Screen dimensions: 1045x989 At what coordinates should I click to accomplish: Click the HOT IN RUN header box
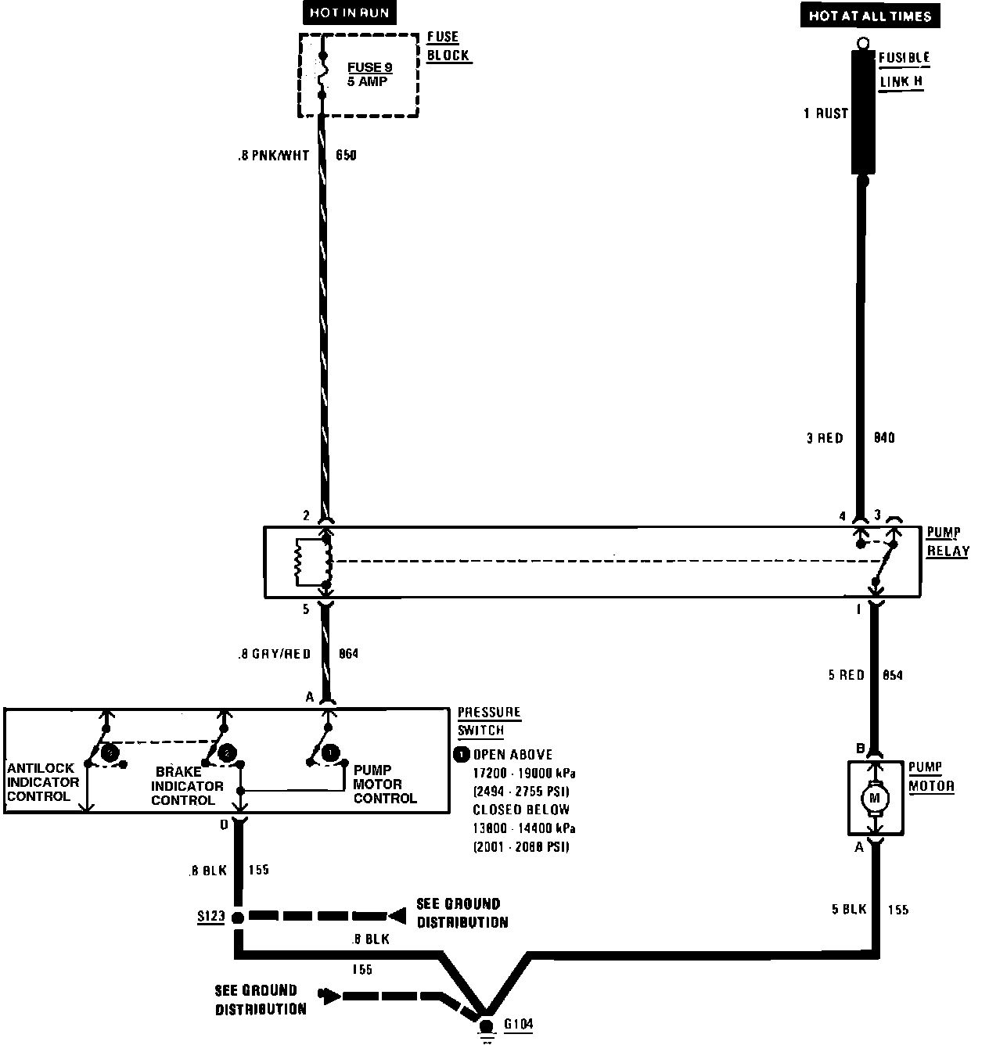coord(348,13)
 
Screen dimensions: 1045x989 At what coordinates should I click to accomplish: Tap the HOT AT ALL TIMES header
coord(869,16)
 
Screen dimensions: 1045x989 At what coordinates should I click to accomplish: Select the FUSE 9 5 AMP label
coord(369,74)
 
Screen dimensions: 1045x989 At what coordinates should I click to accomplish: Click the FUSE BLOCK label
coord(448,46)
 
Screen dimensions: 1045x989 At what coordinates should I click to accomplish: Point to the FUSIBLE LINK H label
coord(903,70)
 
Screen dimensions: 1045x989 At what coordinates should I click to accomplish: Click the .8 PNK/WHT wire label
coord(273,156)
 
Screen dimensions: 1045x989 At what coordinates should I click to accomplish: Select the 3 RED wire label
coord(825,438)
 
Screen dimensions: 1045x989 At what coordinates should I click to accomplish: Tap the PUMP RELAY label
coord(948,542)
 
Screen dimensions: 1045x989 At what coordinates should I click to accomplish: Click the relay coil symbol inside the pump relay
coord(299,562)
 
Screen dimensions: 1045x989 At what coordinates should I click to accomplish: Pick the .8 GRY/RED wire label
coord(275,654)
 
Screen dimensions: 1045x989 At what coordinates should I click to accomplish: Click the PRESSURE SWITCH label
coord(488,721)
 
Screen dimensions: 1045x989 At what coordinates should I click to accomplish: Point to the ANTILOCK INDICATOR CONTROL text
coord(43,783)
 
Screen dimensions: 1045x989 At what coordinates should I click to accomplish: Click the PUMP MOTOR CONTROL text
coord(384,785)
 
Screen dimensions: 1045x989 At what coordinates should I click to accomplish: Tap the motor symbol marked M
coord(875,798)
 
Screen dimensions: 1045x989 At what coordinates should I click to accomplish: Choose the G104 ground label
coord(519,1024)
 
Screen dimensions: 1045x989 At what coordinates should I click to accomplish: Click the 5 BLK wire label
coord(848,910)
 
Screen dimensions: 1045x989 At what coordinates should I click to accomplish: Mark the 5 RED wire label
coord(846,675)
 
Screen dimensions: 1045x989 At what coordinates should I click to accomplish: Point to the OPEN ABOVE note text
coord(512,755)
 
